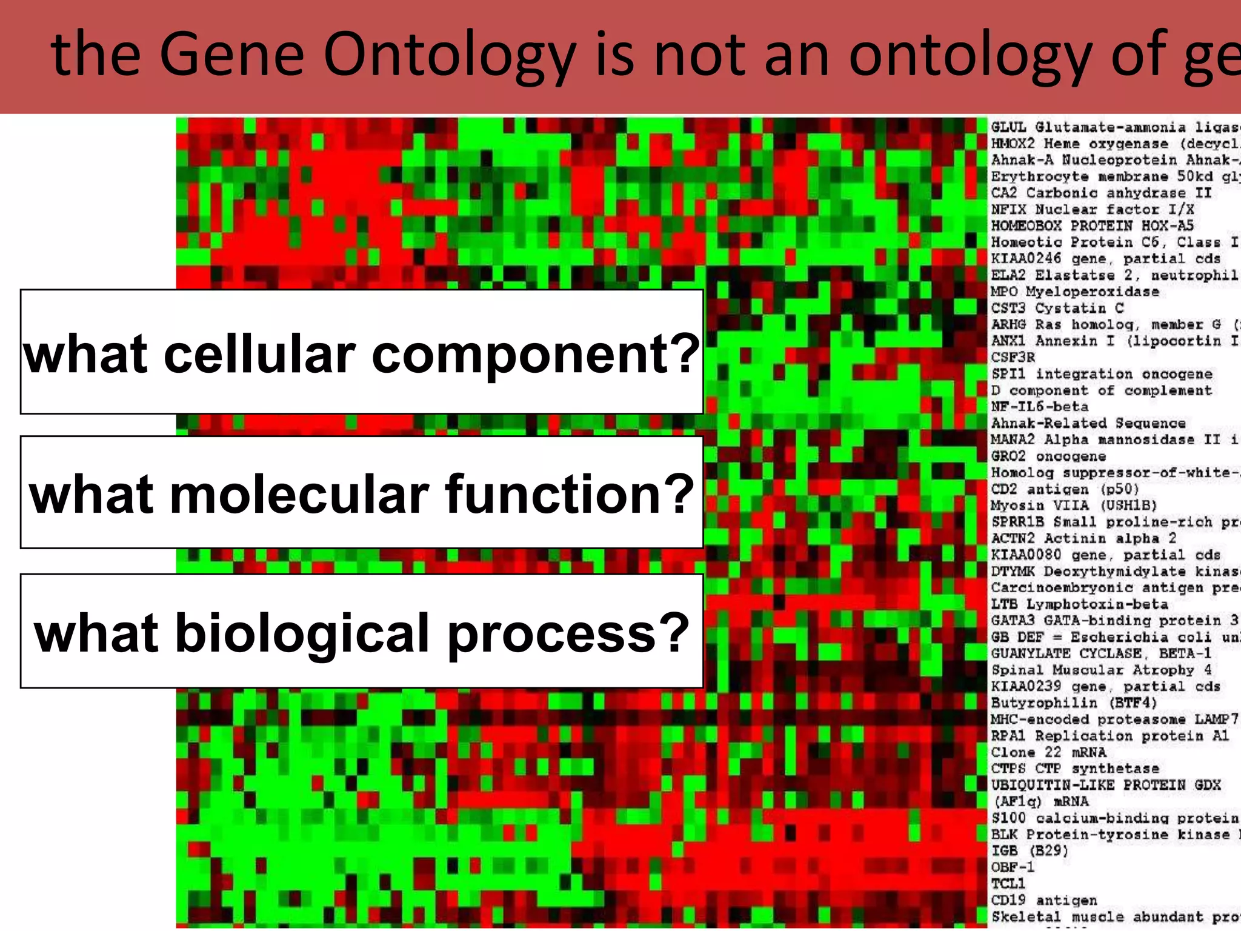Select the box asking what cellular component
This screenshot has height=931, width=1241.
coord(362,352)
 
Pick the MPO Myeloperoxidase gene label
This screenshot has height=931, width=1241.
coord(1074,292)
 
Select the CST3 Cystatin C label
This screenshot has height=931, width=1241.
coord(1057,308)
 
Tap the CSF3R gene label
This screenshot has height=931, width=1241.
coord(1013,357)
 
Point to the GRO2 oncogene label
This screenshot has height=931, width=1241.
coord(1048,456)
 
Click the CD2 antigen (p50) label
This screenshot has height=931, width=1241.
coord(1065,489)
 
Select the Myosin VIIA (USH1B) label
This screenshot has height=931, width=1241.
coord(1074,505)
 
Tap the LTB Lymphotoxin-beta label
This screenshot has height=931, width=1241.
coord(1079,604)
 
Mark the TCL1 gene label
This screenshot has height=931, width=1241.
coord(1008,883)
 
